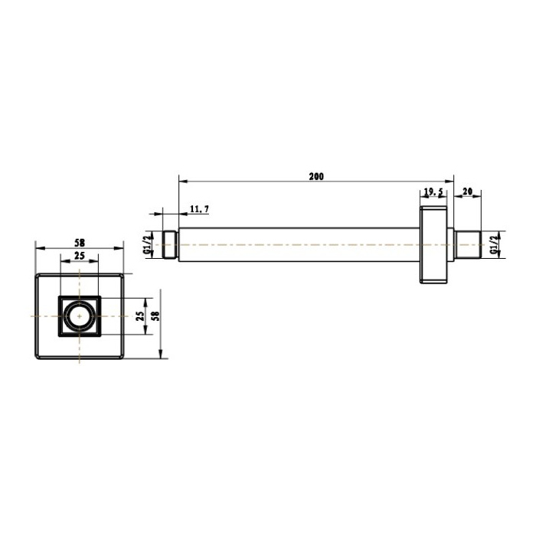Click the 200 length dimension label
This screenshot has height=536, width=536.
316,176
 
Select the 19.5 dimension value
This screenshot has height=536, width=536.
433,192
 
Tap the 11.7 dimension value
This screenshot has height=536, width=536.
199,209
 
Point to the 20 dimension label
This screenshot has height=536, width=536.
467,191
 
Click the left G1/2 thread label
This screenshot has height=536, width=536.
147,245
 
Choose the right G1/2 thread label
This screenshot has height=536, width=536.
493,245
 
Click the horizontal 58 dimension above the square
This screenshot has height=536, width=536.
80,243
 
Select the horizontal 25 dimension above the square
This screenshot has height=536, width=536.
80,256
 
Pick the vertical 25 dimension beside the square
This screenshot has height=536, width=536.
140,315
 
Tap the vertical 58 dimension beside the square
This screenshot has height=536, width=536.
155,315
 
